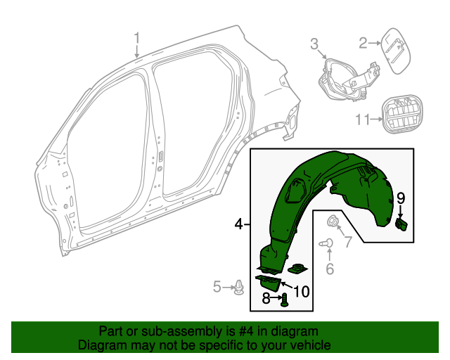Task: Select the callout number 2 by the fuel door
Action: tap(364, 44)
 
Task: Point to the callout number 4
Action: tap(238, 224)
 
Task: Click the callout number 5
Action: tap(218, 286)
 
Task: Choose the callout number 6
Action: tap(329, 268)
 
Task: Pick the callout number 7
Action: tap(346, 243)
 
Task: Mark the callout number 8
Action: tap(266, 299)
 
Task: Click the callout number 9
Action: tap(401, 199)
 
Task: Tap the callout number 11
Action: tap(361, 120)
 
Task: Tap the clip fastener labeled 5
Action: tap(242, 286)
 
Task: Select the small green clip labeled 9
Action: tap(403, 224)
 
